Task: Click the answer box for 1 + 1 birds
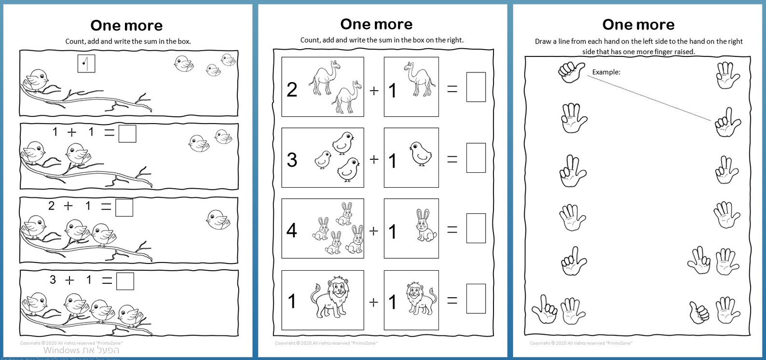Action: pyautogui.click(x=127, y=134)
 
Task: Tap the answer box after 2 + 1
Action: pyautogui.click(x=124, y=208)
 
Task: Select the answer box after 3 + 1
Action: pyautogui.click(x=125, y=281)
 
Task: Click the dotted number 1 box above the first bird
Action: pyautogui.click(x=86, y=63)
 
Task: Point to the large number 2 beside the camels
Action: pyautogui.click(x=292, y=90)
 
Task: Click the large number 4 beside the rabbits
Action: pyautogui.click(x=292, y=230)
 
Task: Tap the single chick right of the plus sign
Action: pyautogui.click(x=420, y=153)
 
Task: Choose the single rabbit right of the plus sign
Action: pyautogui.click(x=425, y=225)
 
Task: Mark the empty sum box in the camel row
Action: pyautogui.click(x=476, y=87)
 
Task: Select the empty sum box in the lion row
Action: pyautogui.click(x=476, y=299)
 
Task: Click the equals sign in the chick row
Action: pyautogui.click(x=452, y=159)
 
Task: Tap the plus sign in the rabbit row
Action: pyautogui.click(x=373, y=231)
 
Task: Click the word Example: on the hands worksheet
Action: pyautogui.click(x=606, y=72)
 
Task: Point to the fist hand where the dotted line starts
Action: pyautogui.click(x=571, y=71)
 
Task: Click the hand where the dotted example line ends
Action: pyautogui.click(x=726, y=122)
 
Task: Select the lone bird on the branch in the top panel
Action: pyautogui.click(x=37, y=80)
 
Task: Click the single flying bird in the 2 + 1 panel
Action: pyautogui.click(x=218, y=219)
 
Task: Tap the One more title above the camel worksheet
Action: pyautogui.click(x=376, y=24)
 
